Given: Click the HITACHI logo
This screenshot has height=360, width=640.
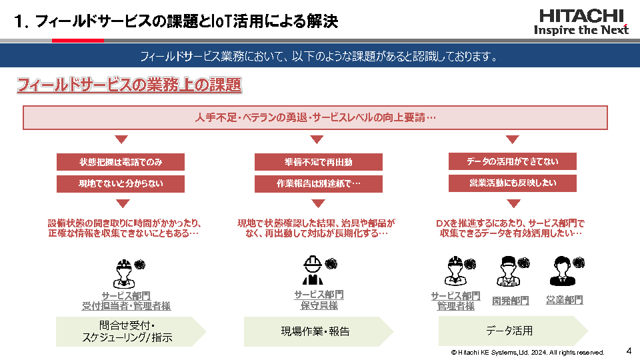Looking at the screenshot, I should click(x=581, y=16).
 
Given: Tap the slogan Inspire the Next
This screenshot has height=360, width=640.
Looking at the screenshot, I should click(x=581, y=30).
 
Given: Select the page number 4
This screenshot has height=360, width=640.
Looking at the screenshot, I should click(x=629, y=350).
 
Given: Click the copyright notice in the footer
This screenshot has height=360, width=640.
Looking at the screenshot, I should click(x=527, y=352).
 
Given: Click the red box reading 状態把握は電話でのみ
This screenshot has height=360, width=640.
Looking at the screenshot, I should click(x=121, y=162).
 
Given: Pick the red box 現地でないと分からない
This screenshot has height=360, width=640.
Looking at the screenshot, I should click(x=121, y=183).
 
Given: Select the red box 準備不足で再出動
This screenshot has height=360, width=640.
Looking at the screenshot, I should click(x=319, y=162).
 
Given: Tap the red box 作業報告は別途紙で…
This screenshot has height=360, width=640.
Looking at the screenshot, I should click(x=319, y=183).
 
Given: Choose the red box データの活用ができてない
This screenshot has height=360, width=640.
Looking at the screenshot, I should click(x=512, y=161).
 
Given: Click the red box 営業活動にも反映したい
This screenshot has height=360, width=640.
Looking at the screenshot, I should click(x=512, y=183).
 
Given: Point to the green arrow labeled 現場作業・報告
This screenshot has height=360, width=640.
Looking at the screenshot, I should click(x=317, y=331).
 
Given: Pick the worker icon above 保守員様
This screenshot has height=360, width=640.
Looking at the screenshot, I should click(x=313, y=271).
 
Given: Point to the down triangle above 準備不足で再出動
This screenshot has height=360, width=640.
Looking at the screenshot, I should click(x=317, y=139).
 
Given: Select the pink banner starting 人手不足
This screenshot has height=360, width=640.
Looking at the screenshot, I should click(x=315, y=118).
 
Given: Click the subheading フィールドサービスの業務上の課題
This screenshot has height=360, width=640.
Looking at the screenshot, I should click(x=129, y=86).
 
